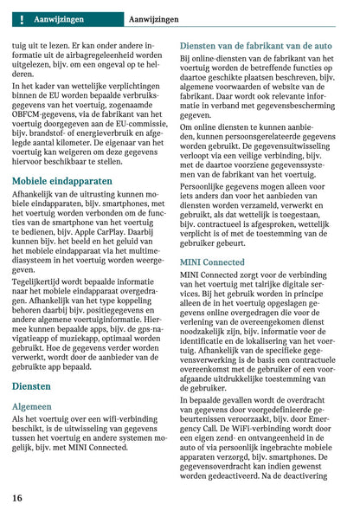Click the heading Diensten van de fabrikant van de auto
tap(255, 44)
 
